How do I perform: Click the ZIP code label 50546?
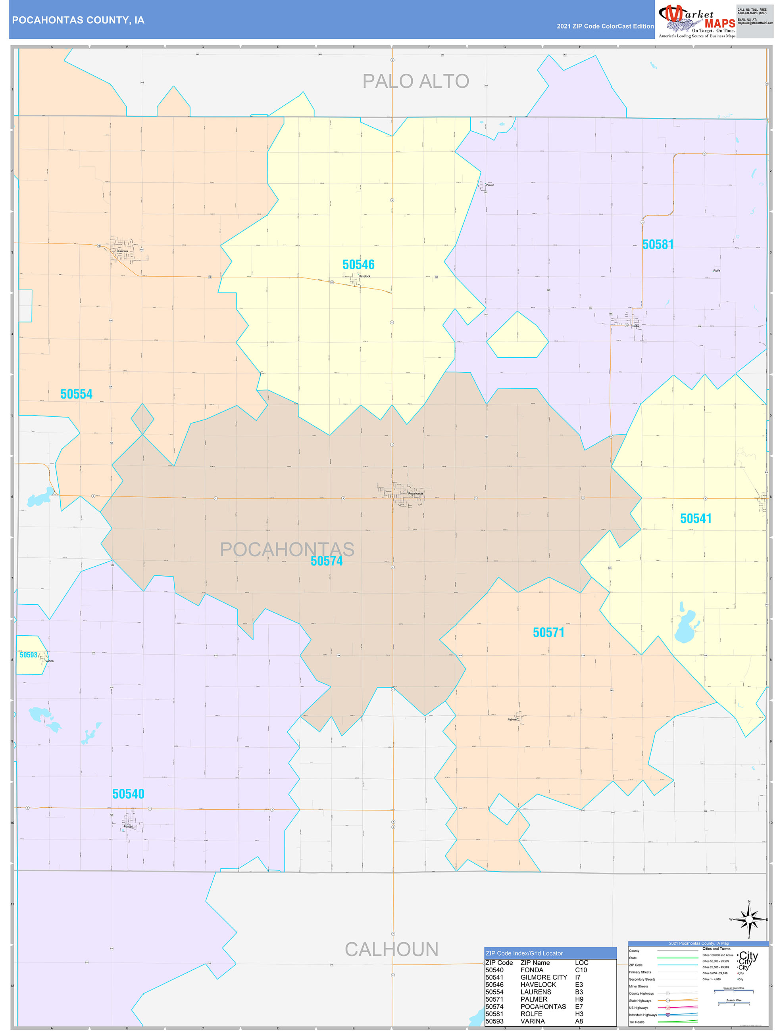pos(358,265)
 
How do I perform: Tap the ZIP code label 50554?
pos(77,394)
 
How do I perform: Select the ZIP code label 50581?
pos(658,245)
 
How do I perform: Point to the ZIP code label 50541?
pos(696,519)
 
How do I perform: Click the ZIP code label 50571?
pos(548,632)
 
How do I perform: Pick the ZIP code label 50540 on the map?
pos(128,794)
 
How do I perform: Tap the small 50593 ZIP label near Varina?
pos(29,655)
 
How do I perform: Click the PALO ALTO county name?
pos(415,82)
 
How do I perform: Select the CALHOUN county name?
pos(391,949)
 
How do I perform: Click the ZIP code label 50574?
pos(327,561)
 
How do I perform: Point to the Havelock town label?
pos(364,276)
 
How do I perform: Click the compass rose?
pos(749,920)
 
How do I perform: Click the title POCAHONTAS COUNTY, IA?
pos(78,20)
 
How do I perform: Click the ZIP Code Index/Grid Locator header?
pos(524,953)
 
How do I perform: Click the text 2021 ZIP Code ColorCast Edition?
pos(605,27)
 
